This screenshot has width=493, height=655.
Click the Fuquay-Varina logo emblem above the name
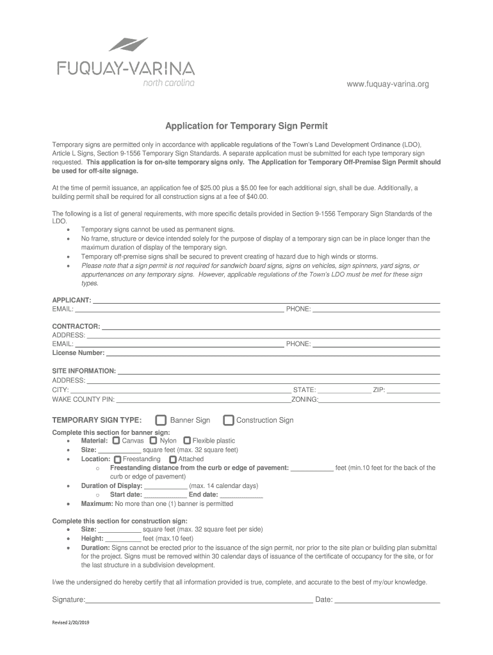(x=128, y=45)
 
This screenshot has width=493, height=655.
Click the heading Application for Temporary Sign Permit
(x=247, y=127)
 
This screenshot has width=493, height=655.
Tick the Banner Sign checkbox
(x=161, y=420)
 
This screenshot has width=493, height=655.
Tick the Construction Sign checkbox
(x=229, y=420)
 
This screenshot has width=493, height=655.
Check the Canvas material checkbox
(x=116, y=441)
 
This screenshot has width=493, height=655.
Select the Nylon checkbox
(x=154, y=441)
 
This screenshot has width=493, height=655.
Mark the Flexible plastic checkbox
(x=187, y=441)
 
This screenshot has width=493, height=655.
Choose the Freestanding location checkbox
(x=117, y=459)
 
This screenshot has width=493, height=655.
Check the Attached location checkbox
(x=173, y=459)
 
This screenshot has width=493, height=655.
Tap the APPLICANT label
(x=71, y=300)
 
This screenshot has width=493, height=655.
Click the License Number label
(x=78, y=352)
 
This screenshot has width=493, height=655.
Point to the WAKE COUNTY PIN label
(x=83, y=399)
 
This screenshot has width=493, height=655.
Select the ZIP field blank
(x=413, y=391)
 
